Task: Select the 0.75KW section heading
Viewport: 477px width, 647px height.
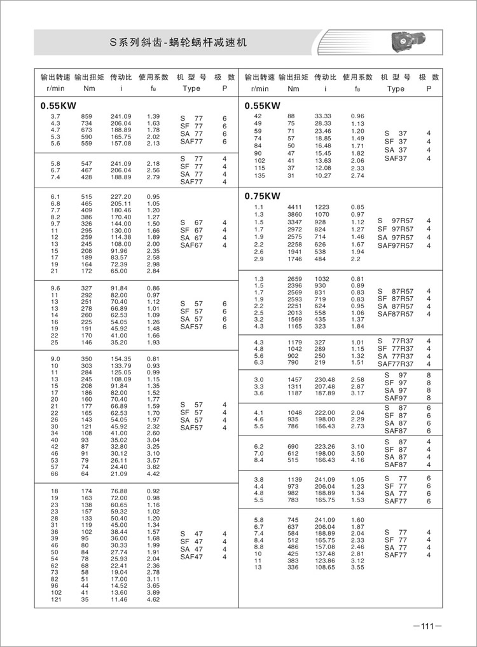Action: (x=262, y=196)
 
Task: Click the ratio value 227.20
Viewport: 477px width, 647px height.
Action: (x=121, y=197)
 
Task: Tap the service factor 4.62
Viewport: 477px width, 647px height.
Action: (x=153, y=598)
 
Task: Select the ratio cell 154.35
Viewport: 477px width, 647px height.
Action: (x=121, y=359)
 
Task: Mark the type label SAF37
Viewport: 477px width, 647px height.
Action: (x=396, y=158)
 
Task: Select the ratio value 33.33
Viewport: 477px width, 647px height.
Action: (x=323, y=116)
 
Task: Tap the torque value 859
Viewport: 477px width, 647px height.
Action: (x=86, y=116)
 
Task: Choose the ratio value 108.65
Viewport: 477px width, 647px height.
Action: (x=324, y=568)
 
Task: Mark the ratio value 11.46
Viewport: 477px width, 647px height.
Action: (x=120, y=598)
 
